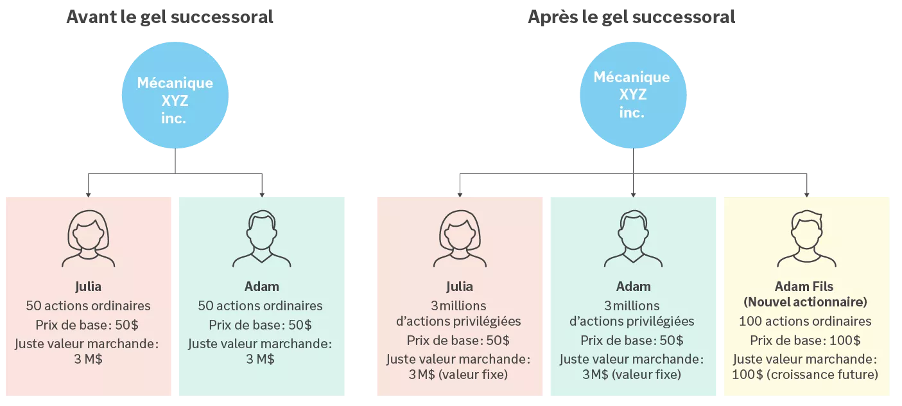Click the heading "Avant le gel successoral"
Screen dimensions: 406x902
point(169,17)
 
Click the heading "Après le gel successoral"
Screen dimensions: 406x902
point(631,17)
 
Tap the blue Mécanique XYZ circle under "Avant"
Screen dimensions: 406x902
point(175,96)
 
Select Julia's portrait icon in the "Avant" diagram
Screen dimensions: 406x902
point(89,240)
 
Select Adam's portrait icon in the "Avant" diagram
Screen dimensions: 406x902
point(262,240)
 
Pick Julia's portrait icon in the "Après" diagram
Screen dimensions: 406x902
point(460,240)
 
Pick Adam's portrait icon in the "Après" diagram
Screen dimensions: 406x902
point(633,240)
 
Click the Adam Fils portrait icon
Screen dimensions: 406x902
point(806,240)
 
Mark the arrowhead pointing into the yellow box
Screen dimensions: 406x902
point(807,194)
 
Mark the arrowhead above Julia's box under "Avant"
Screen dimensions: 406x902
point(89,194)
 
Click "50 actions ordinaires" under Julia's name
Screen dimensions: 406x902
point(89,306)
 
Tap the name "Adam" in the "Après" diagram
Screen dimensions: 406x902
point(633,287)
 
